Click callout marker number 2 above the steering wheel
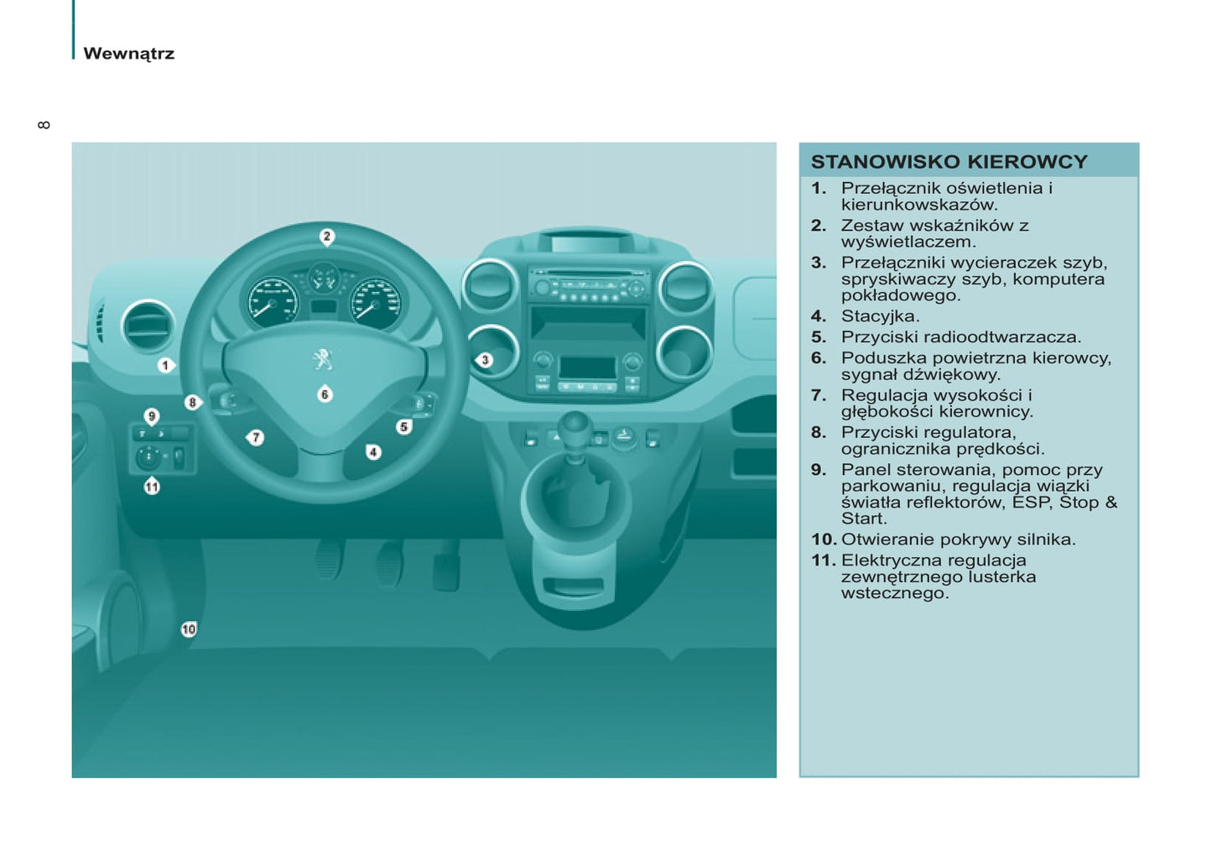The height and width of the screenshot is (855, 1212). (327, 237)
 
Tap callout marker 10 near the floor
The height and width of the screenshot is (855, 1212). (189, 629)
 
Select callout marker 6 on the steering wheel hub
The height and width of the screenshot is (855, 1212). (325, 394)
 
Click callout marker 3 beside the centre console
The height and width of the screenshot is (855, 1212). (485, 360)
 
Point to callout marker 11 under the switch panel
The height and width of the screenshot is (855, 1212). (152, 487)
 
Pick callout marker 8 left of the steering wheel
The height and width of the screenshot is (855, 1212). (192, 403)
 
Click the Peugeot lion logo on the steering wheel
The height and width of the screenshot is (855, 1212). (323, 359)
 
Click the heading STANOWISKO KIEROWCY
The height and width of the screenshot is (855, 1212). (949, 162)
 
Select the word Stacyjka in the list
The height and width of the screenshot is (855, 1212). (880, 316)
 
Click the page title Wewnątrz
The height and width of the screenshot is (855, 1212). (129, 54)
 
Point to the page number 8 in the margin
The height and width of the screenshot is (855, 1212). (44, 125)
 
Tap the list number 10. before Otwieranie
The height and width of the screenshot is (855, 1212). (823, 540)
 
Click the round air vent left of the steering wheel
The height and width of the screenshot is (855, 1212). (148, 326)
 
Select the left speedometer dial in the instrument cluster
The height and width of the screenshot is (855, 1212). (271, 302)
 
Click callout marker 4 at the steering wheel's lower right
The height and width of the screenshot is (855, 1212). (373, 452)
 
